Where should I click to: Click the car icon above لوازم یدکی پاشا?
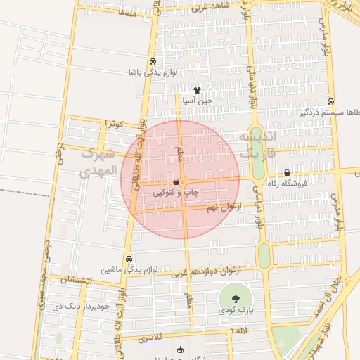153,60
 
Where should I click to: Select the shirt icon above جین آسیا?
197,90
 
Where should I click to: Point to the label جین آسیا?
197,101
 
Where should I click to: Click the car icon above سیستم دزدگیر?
330,101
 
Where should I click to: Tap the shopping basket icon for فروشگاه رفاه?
287,173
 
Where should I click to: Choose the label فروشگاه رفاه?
288,183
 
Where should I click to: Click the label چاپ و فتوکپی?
176,191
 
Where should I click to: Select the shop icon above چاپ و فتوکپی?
176,182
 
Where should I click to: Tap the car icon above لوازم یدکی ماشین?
129,259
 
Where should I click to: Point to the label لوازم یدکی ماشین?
129,269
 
